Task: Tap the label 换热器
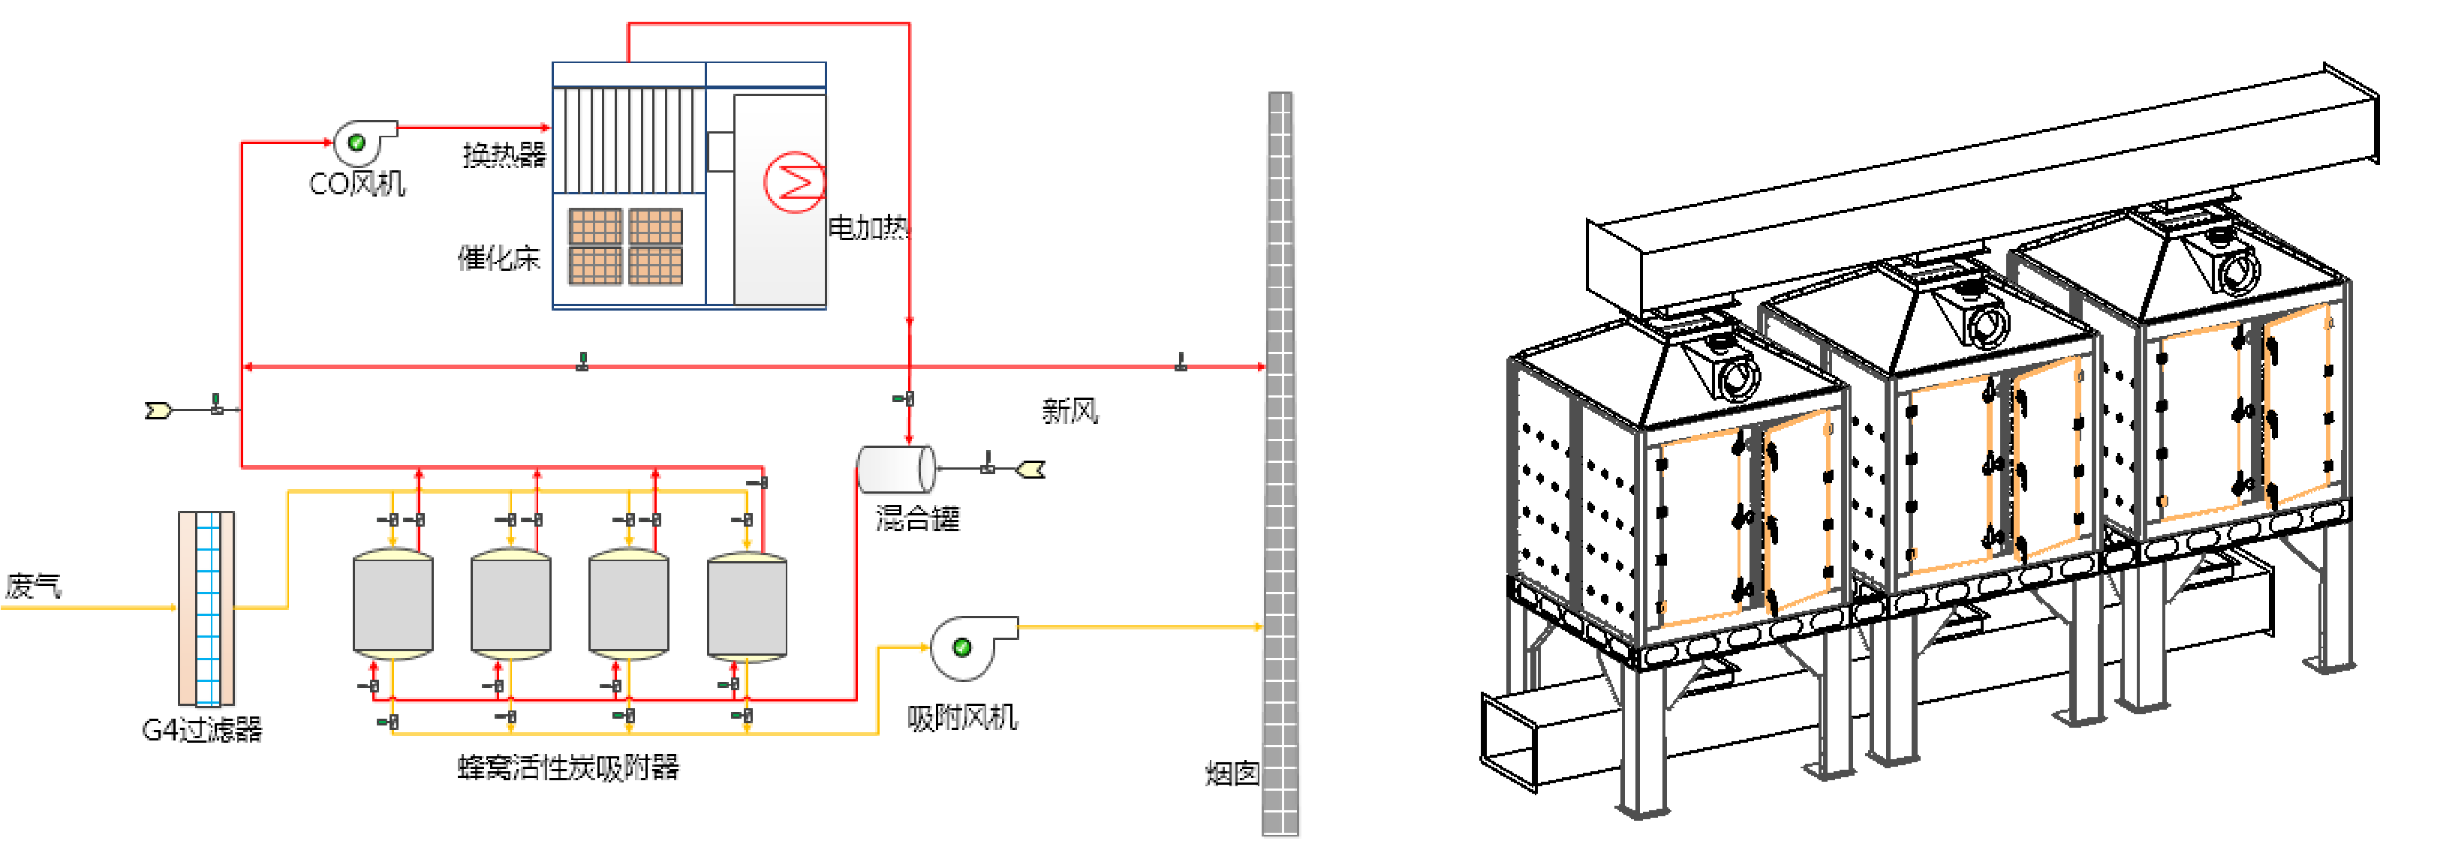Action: click(504, 155)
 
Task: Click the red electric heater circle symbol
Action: click(794, 182)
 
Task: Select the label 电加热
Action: click(868, 227)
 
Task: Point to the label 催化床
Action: click(498, 257)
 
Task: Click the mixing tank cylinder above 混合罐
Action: click(895, 469)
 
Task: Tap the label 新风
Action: click(1070, 411)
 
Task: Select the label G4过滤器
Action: click(202, 729)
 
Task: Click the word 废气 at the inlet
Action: click(33, 585)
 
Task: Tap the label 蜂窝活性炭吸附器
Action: click(568, 766)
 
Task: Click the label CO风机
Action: click(357, 183)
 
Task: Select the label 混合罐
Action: click(917, 518)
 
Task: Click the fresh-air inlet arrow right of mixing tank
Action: click(1030, 469)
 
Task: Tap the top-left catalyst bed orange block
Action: click(595, 227)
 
